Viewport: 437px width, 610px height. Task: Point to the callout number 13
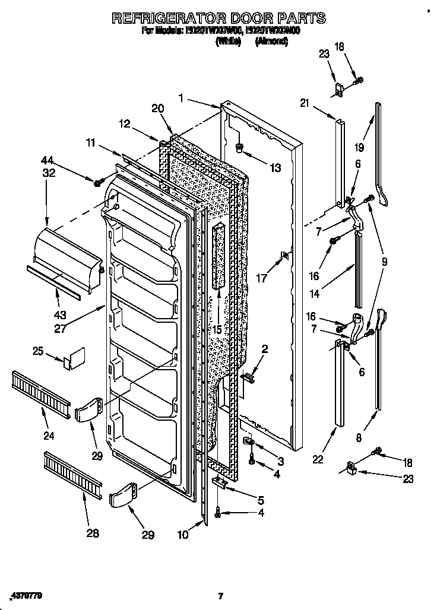[274, 169]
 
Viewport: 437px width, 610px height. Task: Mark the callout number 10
[184, 535]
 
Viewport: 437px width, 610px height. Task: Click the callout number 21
[305, 103]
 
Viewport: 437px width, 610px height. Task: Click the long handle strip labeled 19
[379, 154]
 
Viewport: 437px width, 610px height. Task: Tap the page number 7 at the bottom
[220, 596]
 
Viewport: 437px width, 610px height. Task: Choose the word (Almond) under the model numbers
[271, 42]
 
